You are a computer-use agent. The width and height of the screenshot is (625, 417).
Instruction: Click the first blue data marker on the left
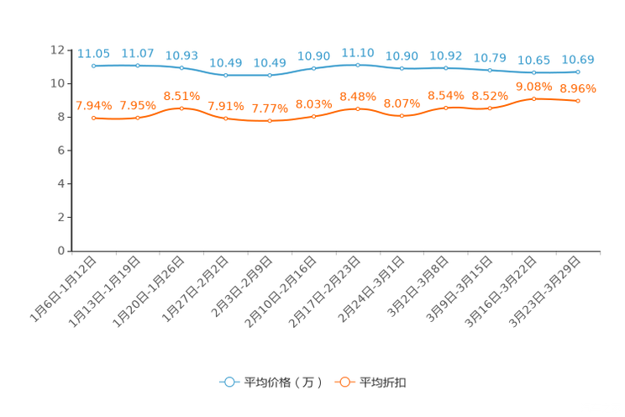click(93, 66)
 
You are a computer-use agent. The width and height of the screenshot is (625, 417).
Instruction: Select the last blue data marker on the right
click(578, 72)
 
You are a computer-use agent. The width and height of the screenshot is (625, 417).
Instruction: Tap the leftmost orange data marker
click(93, 119)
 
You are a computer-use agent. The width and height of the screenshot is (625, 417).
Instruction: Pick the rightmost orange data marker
click(578, 101)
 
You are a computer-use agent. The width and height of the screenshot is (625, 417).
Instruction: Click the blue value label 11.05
click(93, 54)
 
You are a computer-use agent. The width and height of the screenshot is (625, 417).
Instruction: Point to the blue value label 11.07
click(137, 53)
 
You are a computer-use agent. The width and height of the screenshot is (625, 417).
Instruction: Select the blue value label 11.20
click(358, 52)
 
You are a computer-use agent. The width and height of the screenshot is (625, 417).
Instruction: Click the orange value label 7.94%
click(93, 106)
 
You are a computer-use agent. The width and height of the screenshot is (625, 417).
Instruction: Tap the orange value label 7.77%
click(270, 109)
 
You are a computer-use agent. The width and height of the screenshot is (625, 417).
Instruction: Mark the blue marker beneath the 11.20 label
click(358, 65)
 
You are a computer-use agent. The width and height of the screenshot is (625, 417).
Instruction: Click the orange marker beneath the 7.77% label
click(270, 122)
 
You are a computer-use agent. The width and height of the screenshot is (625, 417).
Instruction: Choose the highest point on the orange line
click(533, 98)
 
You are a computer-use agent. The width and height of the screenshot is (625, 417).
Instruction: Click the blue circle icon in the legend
click(228, 382)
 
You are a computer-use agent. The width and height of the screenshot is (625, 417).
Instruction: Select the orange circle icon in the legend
click(344, 382)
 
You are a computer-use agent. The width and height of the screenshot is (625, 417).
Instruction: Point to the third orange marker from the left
click(181, 108)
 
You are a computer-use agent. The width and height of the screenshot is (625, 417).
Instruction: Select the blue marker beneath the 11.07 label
click(137, 66)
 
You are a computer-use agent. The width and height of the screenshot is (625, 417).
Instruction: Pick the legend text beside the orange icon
click(384, 383)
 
